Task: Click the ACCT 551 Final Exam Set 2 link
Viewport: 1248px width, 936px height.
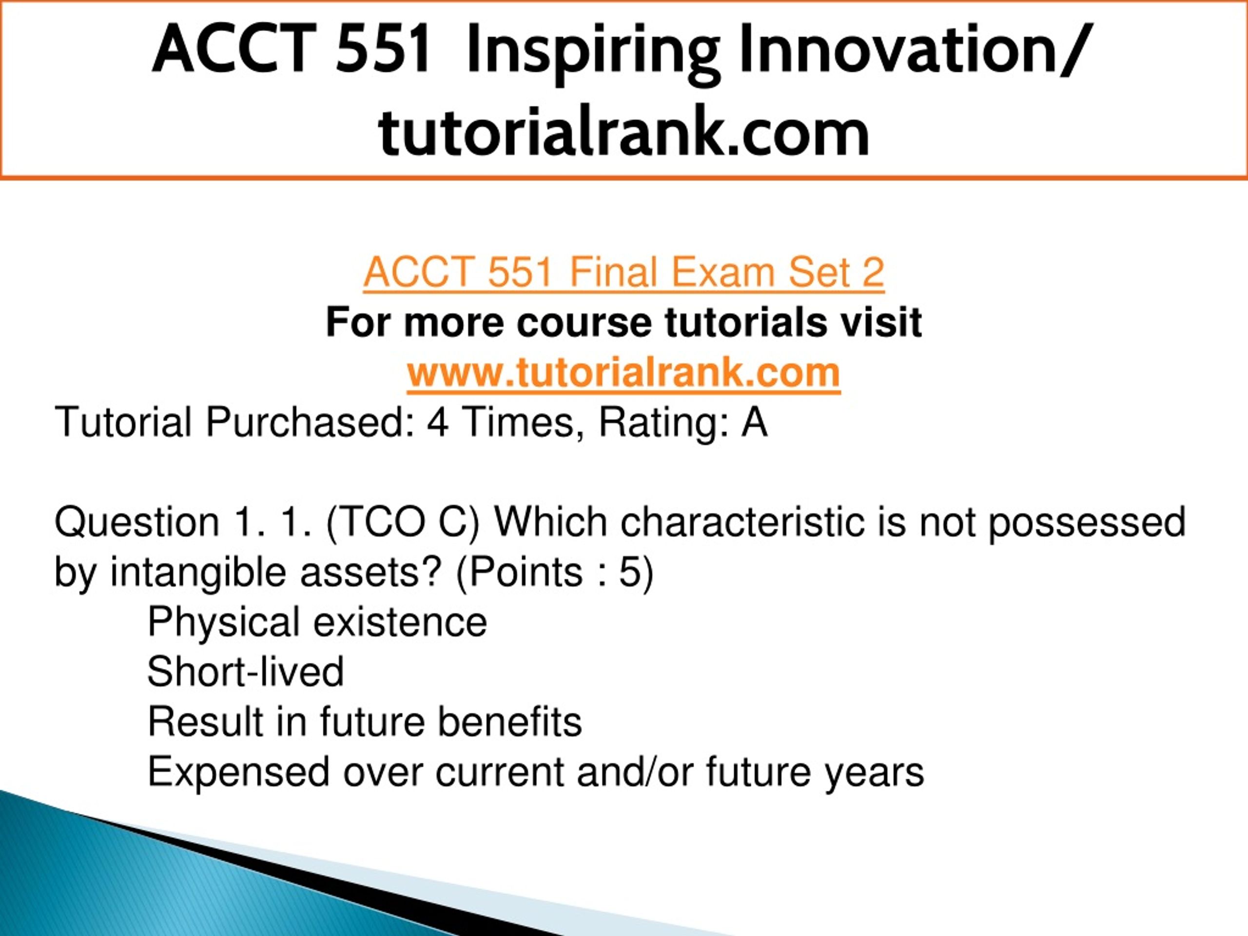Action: tap(624, 273)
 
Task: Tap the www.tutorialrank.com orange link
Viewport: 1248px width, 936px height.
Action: tap(624, 373)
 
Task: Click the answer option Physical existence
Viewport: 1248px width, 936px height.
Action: tap(317, 622)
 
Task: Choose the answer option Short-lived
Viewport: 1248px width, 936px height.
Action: tap(245, 671)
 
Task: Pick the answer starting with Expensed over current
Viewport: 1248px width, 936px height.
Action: tap(535, 772)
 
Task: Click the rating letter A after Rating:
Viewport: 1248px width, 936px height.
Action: tap(754, 422)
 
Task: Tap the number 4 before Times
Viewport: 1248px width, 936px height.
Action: tap(437, 422)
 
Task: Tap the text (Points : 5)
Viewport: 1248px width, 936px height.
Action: tap(555, 572)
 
